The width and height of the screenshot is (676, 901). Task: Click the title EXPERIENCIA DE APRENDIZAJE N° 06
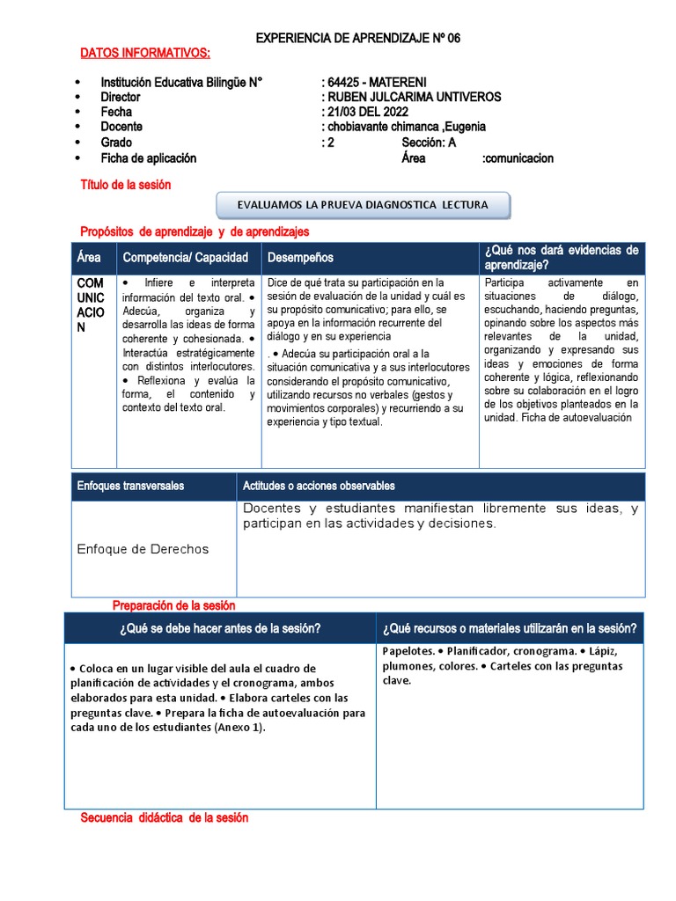click(x=357, y=39)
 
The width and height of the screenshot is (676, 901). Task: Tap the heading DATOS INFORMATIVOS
click(x=145, y=54)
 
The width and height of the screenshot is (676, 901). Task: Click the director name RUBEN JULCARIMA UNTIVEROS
click(x=411, y=98)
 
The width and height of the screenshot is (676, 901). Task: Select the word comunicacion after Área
click(x=518, y=158)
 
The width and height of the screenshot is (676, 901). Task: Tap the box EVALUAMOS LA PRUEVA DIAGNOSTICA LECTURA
click(x=363, y=205)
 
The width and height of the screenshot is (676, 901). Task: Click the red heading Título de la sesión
click(x=126, y=185)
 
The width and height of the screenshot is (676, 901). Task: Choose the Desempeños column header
click(x=300, y=258)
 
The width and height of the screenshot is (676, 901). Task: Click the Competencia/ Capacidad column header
click(x=186, y=258)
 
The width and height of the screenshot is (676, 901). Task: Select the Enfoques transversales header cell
click(x=131, y=486)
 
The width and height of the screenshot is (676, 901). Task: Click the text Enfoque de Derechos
click(x=143, y=549)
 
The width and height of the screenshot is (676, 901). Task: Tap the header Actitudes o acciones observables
click(x=319, y=486)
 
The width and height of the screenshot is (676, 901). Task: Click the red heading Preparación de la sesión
click(x=174, y=605)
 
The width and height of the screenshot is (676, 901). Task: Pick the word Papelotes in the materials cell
click(x=408, y=651)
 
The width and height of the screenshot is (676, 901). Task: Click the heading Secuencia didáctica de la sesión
click(x=165, y=817)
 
